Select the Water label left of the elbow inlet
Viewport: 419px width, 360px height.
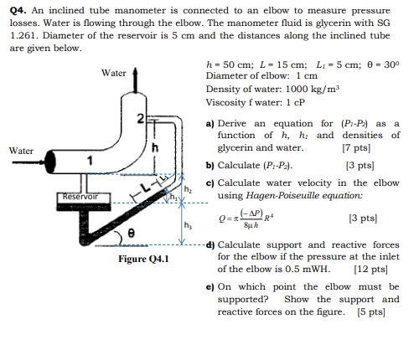21,151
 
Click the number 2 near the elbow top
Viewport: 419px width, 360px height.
142,116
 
